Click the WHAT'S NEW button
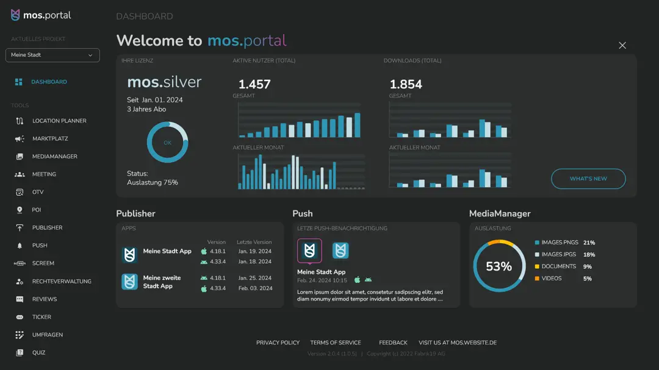(588, 179)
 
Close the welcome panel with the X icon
(622, 46)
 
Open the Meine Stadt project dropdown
(52, 55)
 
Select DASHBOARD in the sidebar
(49, 82)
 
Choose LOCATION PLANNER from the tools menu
(59, 121)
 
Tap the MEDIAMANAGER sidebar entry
(54, 157)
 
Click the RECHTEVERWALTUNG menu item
(62, 282)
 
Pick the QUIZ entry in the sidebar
(38, 353)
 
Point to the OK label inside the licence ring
(167, 143)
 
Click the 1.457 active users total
(254, 85)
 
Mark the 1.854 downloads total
(406, 85)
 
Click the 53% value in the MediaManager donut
(499, 266)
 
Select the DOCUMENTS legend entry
(558, 266)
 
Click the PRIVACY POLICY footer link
(278, 343)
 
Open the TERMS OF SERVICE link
(336, 343)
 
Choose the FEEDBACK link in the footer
(393, 343)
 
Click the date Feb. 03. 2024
(255, 288)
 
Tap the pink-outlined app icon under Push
(309, 251)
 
